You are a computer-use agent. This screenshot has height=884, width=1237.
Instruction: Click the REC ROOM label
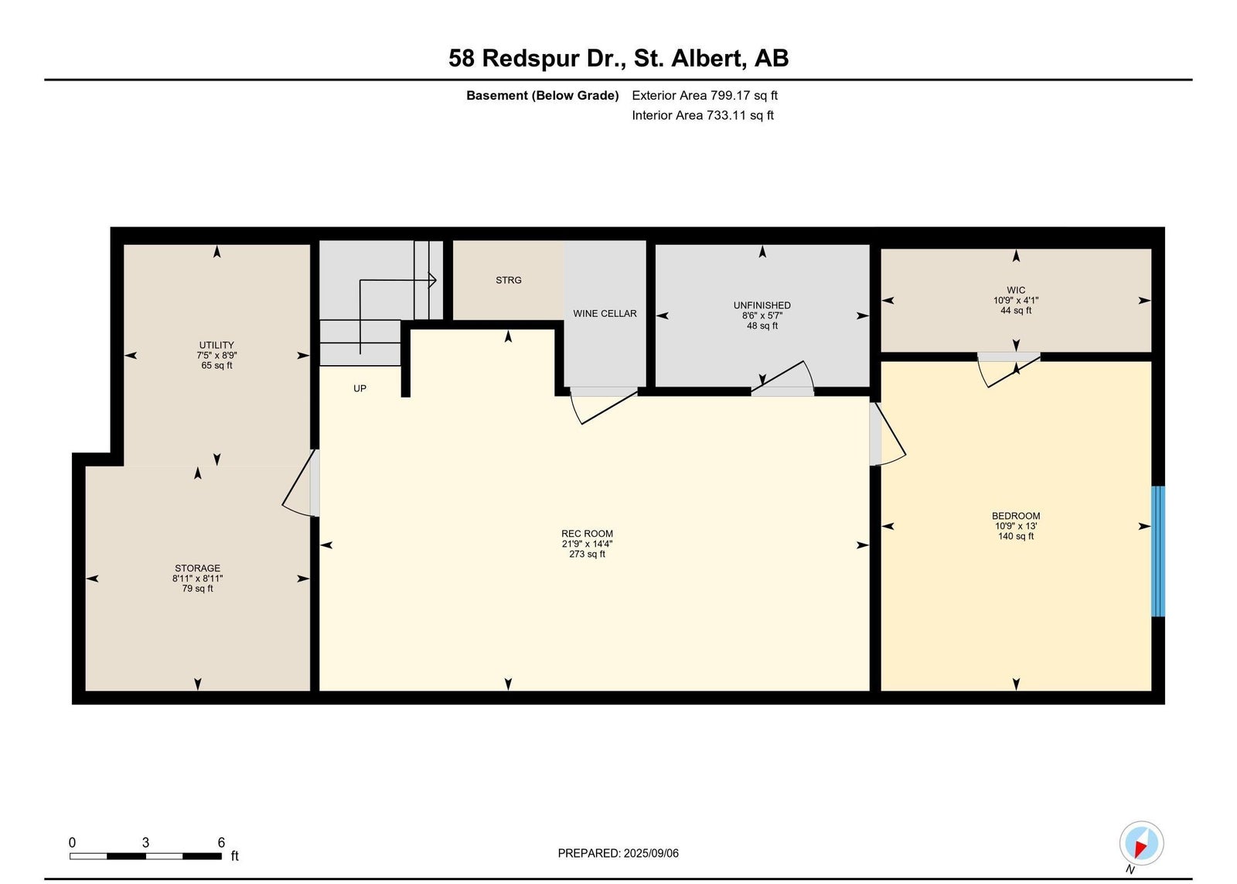tap(587, 534)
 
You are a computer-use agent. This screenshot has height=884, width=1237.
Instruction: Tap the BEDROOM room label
tap(1016, 516)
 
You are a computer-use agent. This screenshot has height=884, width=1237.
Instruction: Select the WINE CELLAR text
tap(605, 313)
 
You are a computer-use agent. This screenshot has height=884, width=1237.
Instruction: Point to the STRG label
tap(509, 280)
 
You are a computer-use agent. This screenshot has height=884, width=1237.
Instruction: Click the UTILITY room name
tap(216, 345)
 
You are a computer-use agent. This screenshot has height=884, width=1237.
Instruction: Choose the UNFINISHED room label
tap(762, 305)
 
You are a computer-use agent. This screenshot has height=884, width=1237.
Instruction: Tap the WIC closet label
tap(1016, 290)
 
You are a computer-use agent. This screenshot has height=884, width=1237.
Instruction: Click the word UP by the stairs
tap(360, 388)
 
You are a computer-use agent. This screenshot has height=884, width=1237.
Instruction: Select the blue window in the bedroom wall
tap(1158, 551)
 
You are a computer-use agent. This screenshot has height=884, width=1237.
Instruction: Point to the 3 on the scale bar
tap(145, 842)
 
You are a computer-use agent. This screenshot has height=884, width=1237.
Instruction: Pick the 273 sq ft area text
tap(587, 555)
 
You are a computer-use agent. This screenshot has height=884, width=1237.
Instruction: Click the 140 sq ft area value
tap(1016, 537)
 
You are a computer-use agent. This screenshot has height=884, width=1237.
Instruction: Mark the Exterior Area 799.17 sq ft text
tap(704, 96)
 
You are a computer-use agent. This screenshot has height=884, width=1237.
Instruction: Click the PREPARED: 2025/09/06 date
tap(618, 853)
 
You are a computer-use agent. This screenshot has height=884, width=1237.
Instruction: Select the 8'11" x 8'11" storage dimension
tap(197, 579)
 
